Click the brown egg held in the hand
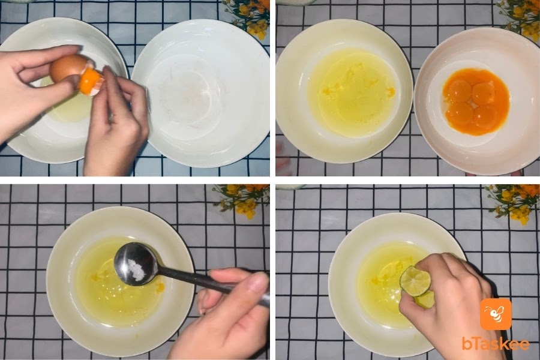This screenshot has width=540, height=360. coord(67,69)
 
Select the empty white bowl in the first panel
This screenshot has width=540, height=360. coord(201,93)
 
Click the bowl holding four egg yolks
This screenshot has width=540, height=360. coord(476,101)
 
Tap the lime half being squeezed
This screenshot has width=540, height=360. coord(416,281)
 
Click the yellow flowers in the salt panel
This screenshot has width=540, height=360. coord(242,199)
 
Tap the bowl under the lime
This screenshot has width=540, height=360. coord(392,286)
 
